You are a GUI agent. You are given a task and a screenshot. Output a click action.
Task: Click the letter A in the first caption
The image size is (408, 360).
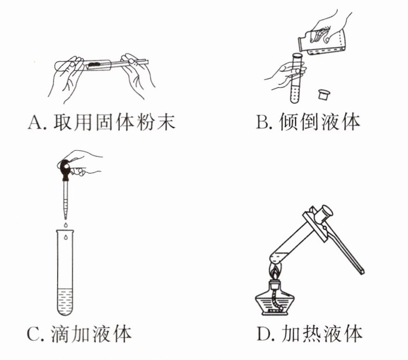click(x=35, y=122)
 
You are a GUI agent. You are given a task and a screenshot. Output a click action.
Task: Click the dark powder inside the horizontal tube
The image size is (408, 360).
click(x=93, y=64)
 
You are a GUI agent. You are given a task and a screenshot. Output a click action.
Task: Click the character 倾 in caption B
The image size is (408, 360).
click(x=289, y=122)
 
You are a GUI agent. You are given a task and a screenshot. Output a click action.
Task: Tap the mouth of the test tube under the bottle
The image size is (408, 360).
click(x=297, y=55)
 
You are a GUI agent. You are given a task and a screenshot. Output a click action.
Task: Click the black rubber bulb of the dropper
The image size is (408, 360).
click(x=64, y=169)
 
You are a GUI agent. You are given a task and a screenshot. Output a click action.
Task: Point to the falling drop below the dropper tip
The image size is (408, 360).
click(x=65, y=224)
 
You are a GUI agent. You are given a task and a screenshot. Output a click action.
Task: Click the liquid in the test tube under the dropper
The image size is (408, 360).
click(x=65, y=301)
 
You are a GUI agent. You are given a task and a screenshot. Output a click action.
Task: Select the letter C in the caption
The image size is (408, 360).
click(x=33, y=335)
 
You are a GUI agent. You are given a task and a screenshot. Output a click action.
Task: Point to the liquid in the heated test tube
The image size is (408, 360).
click(x=280, y=257)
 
